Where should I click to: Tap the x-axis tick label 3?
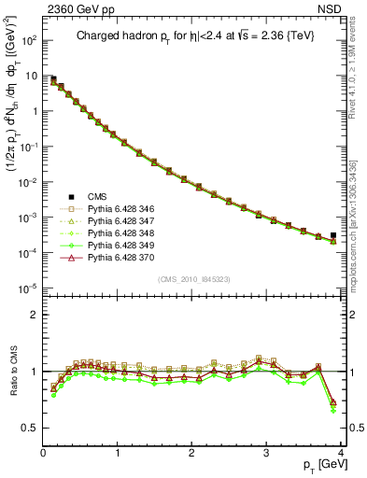point(266,452)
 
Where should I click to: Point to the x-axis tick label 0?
point(43,452)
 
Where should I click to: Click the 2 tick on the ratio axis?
point(34,315)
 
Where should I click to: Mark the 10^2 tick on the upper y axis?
point(28,41)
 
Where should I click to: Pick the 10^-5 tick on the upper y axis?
point(28,287)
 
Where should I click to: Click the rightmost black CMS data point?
point(333,236)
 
